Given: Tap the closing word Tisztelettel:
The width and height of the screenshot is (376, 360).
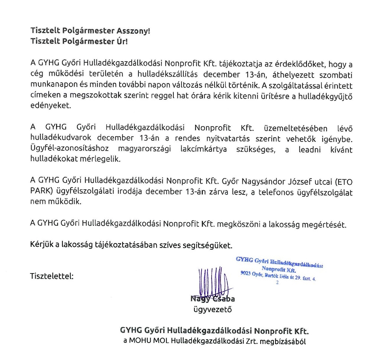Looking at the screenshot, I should pyautogui.click(x=52, y=276).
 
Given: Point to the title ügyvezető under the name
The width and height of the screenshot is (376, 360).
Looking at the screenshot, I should pyautogui.click(x=210, y=309).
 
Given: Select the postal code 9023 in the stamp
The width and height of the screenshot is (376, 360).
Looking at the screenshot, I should pyautogui.click(x=246, y=274).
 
